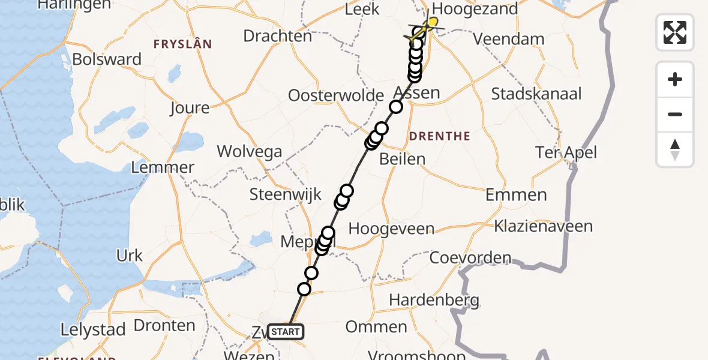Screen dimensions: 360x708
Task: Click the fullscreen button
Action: pos(675,32)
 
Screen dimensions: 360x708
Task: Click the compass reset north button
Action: pos(675,150)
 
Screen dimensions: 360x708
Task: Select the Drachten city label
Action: pos(278,36)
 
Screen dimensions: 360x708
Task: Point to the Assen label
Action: pos(416,93)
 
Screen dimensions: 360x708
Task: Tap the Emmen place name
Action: pos(516,195)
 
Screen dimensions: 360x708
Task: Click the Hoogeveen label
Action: pos(391,229)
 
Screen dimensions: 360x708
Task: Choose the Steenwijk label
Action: pos(286,195)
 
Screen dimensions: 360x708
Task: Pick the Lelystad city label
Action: pos(93,330)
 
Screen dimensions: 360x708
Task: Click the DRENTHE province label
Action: pos(439,137)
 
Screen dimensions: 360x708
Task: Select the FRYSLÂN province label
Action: pos(182,44)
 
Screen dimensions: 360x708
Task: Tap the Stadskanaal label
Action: pos(536,94)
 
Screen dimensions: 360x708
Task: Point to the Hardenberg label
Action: pos(434,300)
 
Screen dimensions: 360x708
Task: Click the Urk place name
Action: pos(130,256)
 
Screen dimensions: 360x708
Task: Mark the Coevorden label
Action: pos(470,258)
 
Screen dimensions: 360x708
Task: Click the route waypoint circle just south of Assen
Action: pos(396,107)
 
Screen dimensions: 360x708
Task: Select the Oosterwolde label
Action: pos(336,96)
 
